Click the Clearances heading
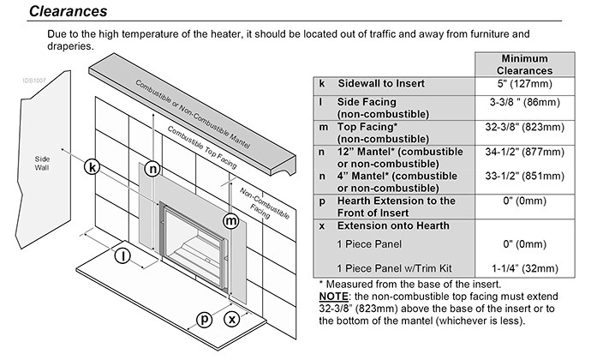pyautogui.click(x=68, y=11)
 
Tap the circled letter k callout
pyautogui.click(x=93, y=165)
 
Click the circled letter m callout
pyautogui.click(x=230, y=221)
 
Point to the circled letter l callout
pyautogui.click(x=125, y=256)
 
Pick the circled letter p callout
pyautogui.click(x=204, y=319)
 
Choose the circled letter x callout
pyautogui.click(x=231, y=319)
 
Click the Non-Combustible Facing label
pyautogui.click(x=256, y=201)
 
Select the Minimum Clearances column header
pyautogui.click(x=525, y=64)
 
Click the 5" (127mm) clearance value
pyautogui.click(x=525, y=84)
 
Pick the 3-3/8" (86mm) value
pyautogui.click(x=525, y=101)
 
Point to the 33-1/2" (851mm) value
pyautogui.click(x=525, y=177)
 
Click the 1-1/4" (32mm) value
pyautogui.click(x=525, y=267)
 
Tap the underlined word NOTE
pyautogui.click(x=335, y=297)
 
